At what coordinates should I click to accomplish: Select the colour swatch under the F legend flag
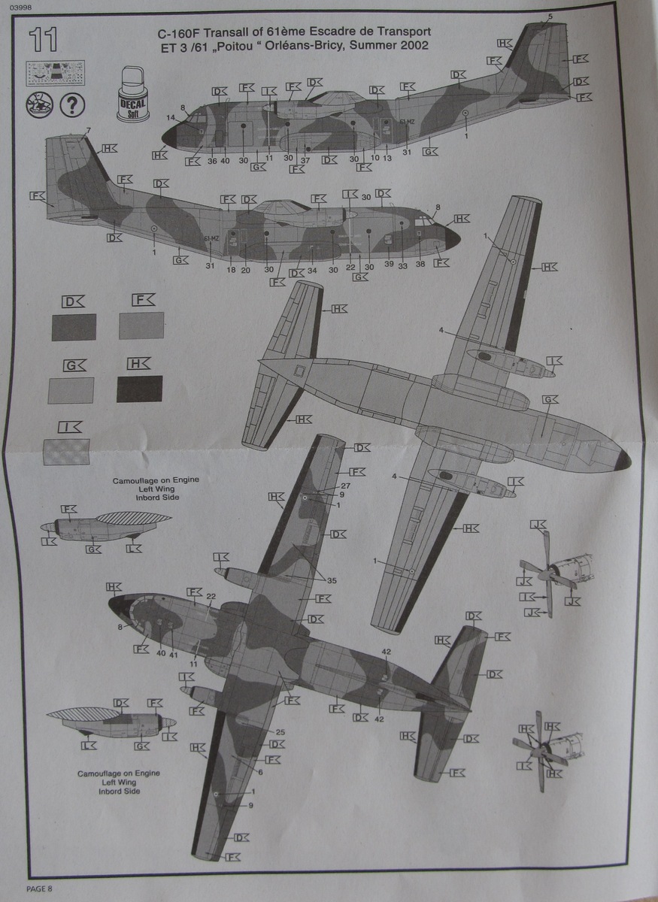tap(141, 326)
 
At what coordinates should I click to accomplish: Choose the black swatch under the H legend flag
tap(140, 389)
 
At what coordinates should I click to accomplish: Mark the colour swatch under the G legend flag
tap(71, 389)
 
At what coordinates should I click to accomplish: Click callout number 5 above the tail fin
tap(550, 17)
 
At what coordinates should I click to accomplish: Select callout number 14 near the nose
tap(171, 117)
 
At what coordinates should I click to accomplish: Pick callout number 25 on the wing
tap(280, 731)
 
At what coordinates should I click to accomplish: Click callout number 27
tap(345, 486)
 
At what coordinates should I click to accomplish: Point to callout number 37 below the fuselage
tap(305, 160)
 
